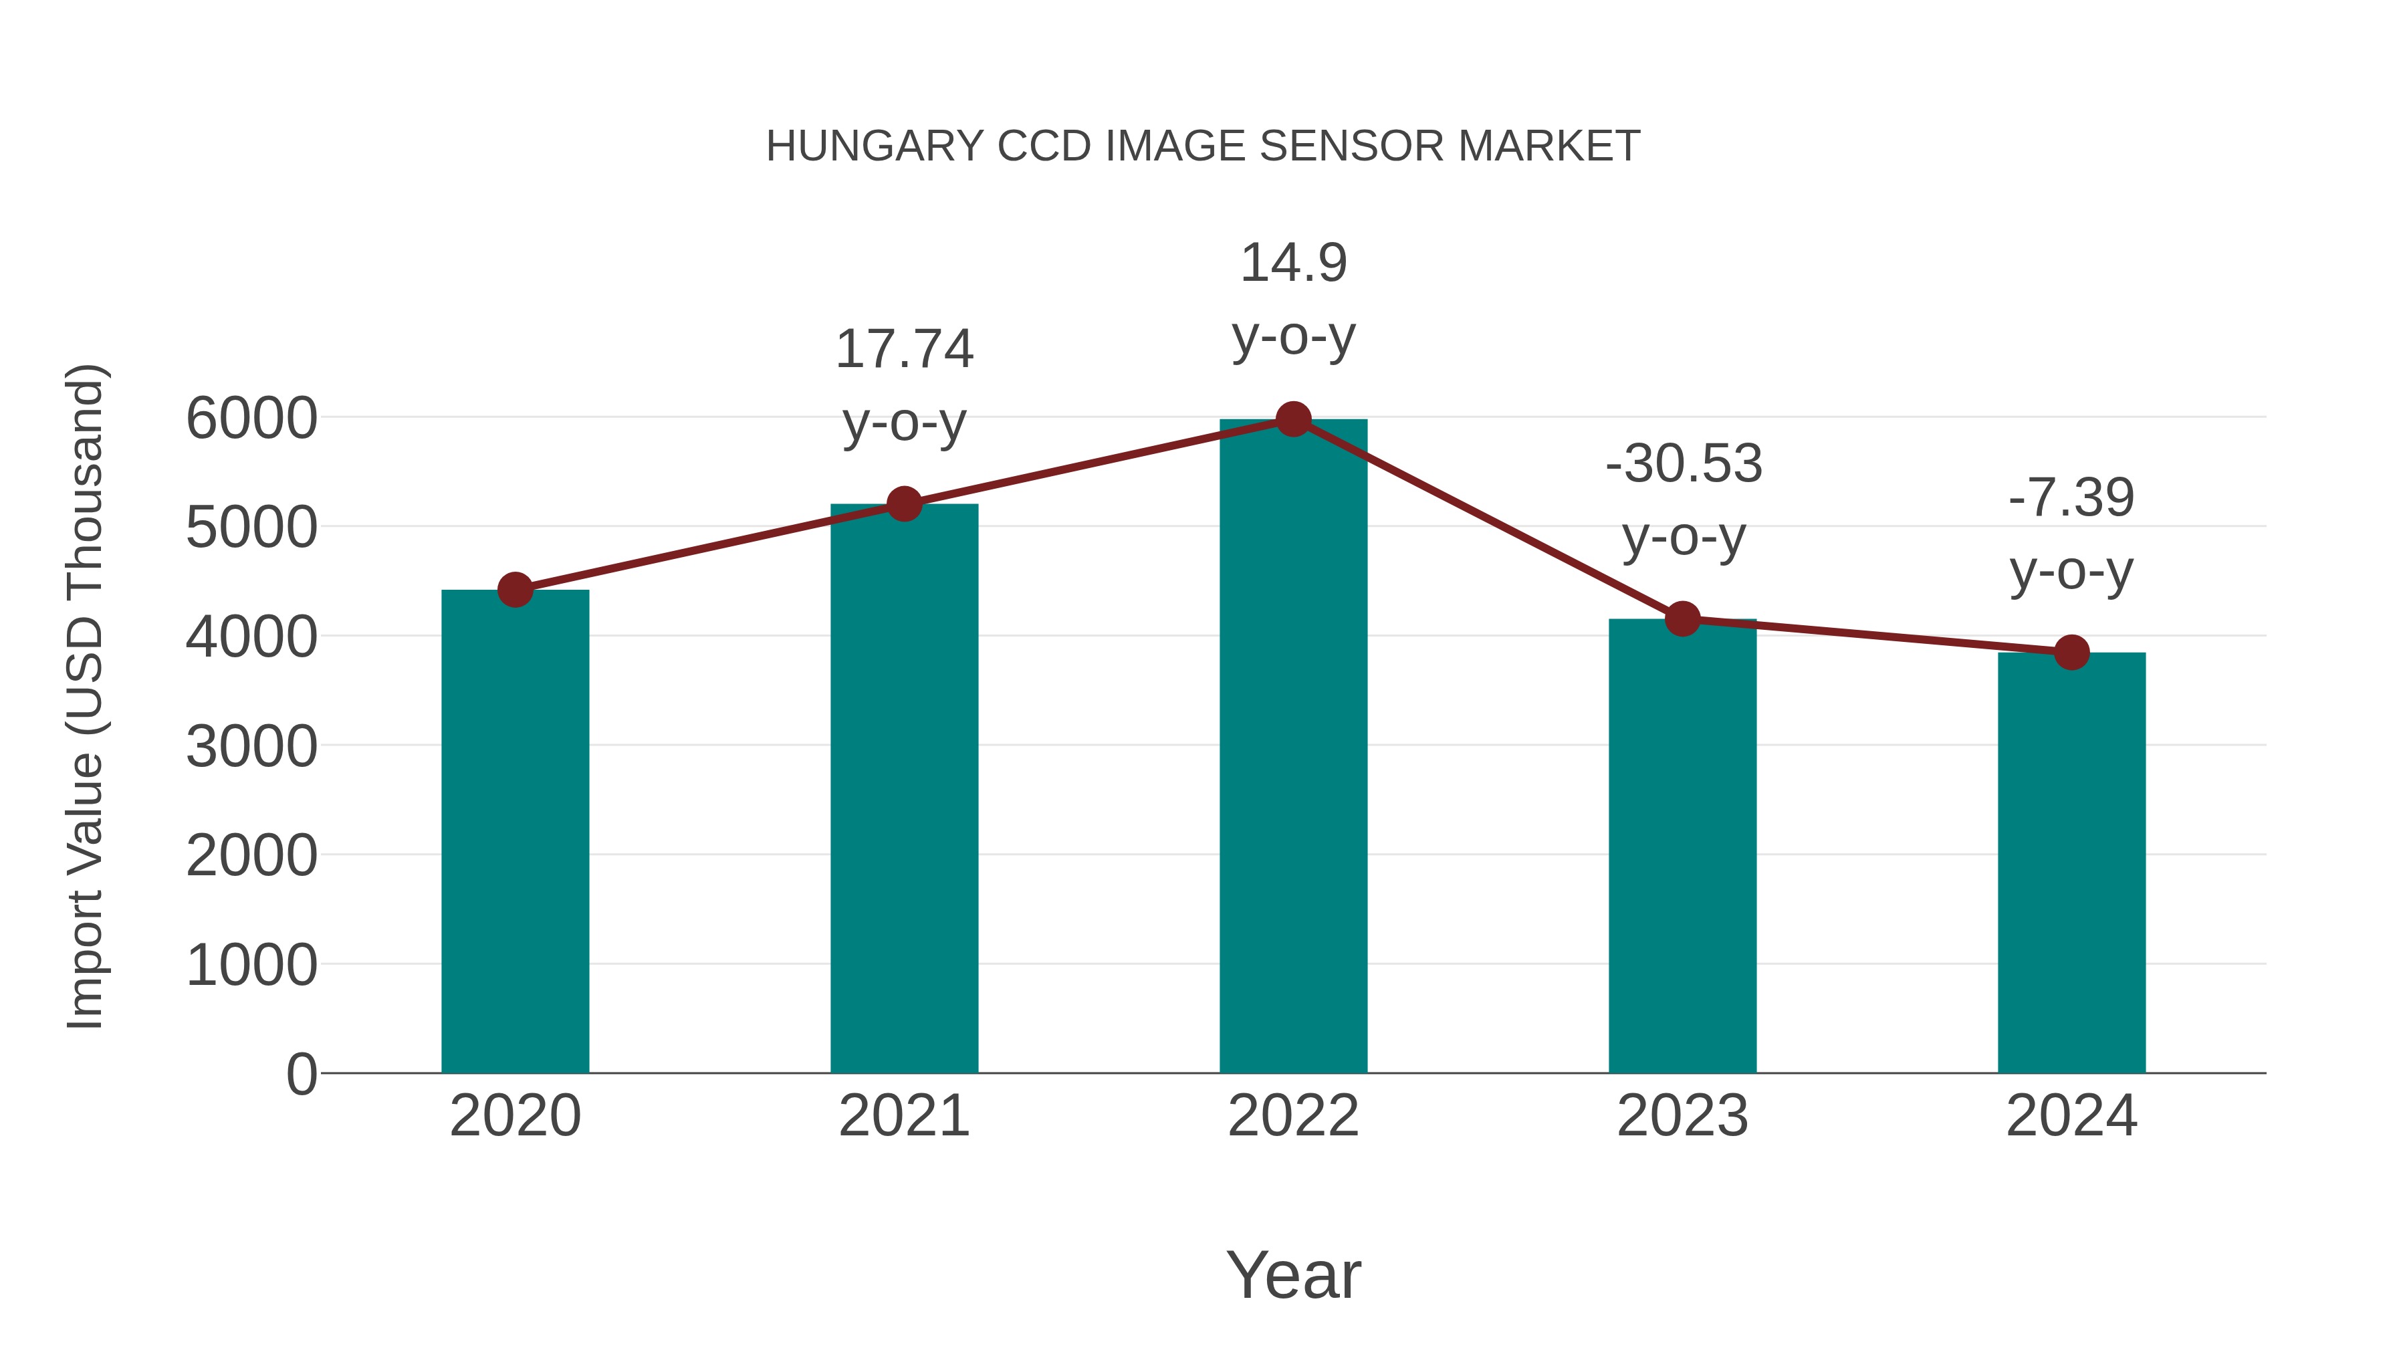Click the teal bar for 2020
click(x=515, y=832)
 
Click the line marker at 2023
click(x=1682, y=618)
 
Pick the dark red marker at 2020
click(x=515, y=590)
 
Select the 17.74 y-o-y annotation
click(x=905, y=385)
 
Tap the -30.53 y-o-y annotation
click(x=1684, y=500)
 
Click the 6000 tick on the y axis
click(x=251, y=419)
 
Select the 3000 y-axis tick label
click(x=251, y=747)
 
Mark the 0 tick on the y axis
click(x=301, y=1074)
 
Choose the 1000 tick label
click(x=251, y=966)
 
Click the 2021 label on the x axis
click(x=905, y=1116)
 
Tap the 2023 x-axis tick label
click(x=1682, y=1116)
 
